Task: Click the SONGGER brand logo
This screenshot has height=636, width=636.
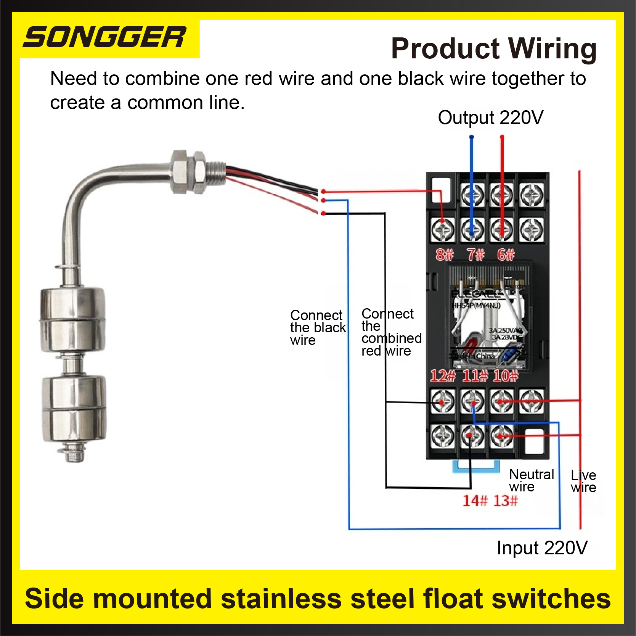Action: coord(104,37)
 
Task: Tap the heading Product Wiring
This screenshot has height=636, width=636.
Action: coord(493,49)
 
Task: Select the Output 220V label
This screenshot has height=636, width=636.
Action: coord(490,118)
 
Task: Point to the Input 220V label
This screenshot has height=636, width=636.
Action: coord(542,548)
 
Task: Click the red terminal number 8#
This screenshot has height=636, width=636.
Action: coord(444,254)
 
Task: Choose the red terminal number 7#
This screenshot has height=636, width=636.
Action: coord(475,254)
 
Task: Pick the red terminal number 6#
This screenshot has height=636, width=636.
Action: coord(506,254)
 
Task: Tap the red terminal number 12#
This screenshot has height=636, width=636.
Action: coord(442,376)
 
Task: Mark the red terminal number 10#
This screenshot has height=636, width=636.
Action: coord(506,376)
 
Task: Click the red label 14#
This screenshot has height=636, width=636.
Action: coord(475,501)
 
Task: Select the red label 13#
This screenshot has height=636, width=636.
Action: coord(506,501)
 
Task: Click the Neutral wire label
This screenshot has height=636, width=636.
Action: coord(531,480)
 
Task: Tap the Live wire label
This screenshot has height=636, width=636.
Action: coord(583,481)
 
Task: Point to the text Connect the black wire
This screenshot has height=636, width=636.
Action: coord(317,327)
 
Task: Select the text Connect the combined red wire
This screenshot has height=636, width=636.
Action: coord(391,332)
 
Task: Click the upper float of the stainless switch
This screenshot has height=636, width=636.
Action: coord(72,320)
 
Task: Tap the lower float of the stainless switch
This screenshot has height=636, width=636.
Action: coord(74,408)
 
